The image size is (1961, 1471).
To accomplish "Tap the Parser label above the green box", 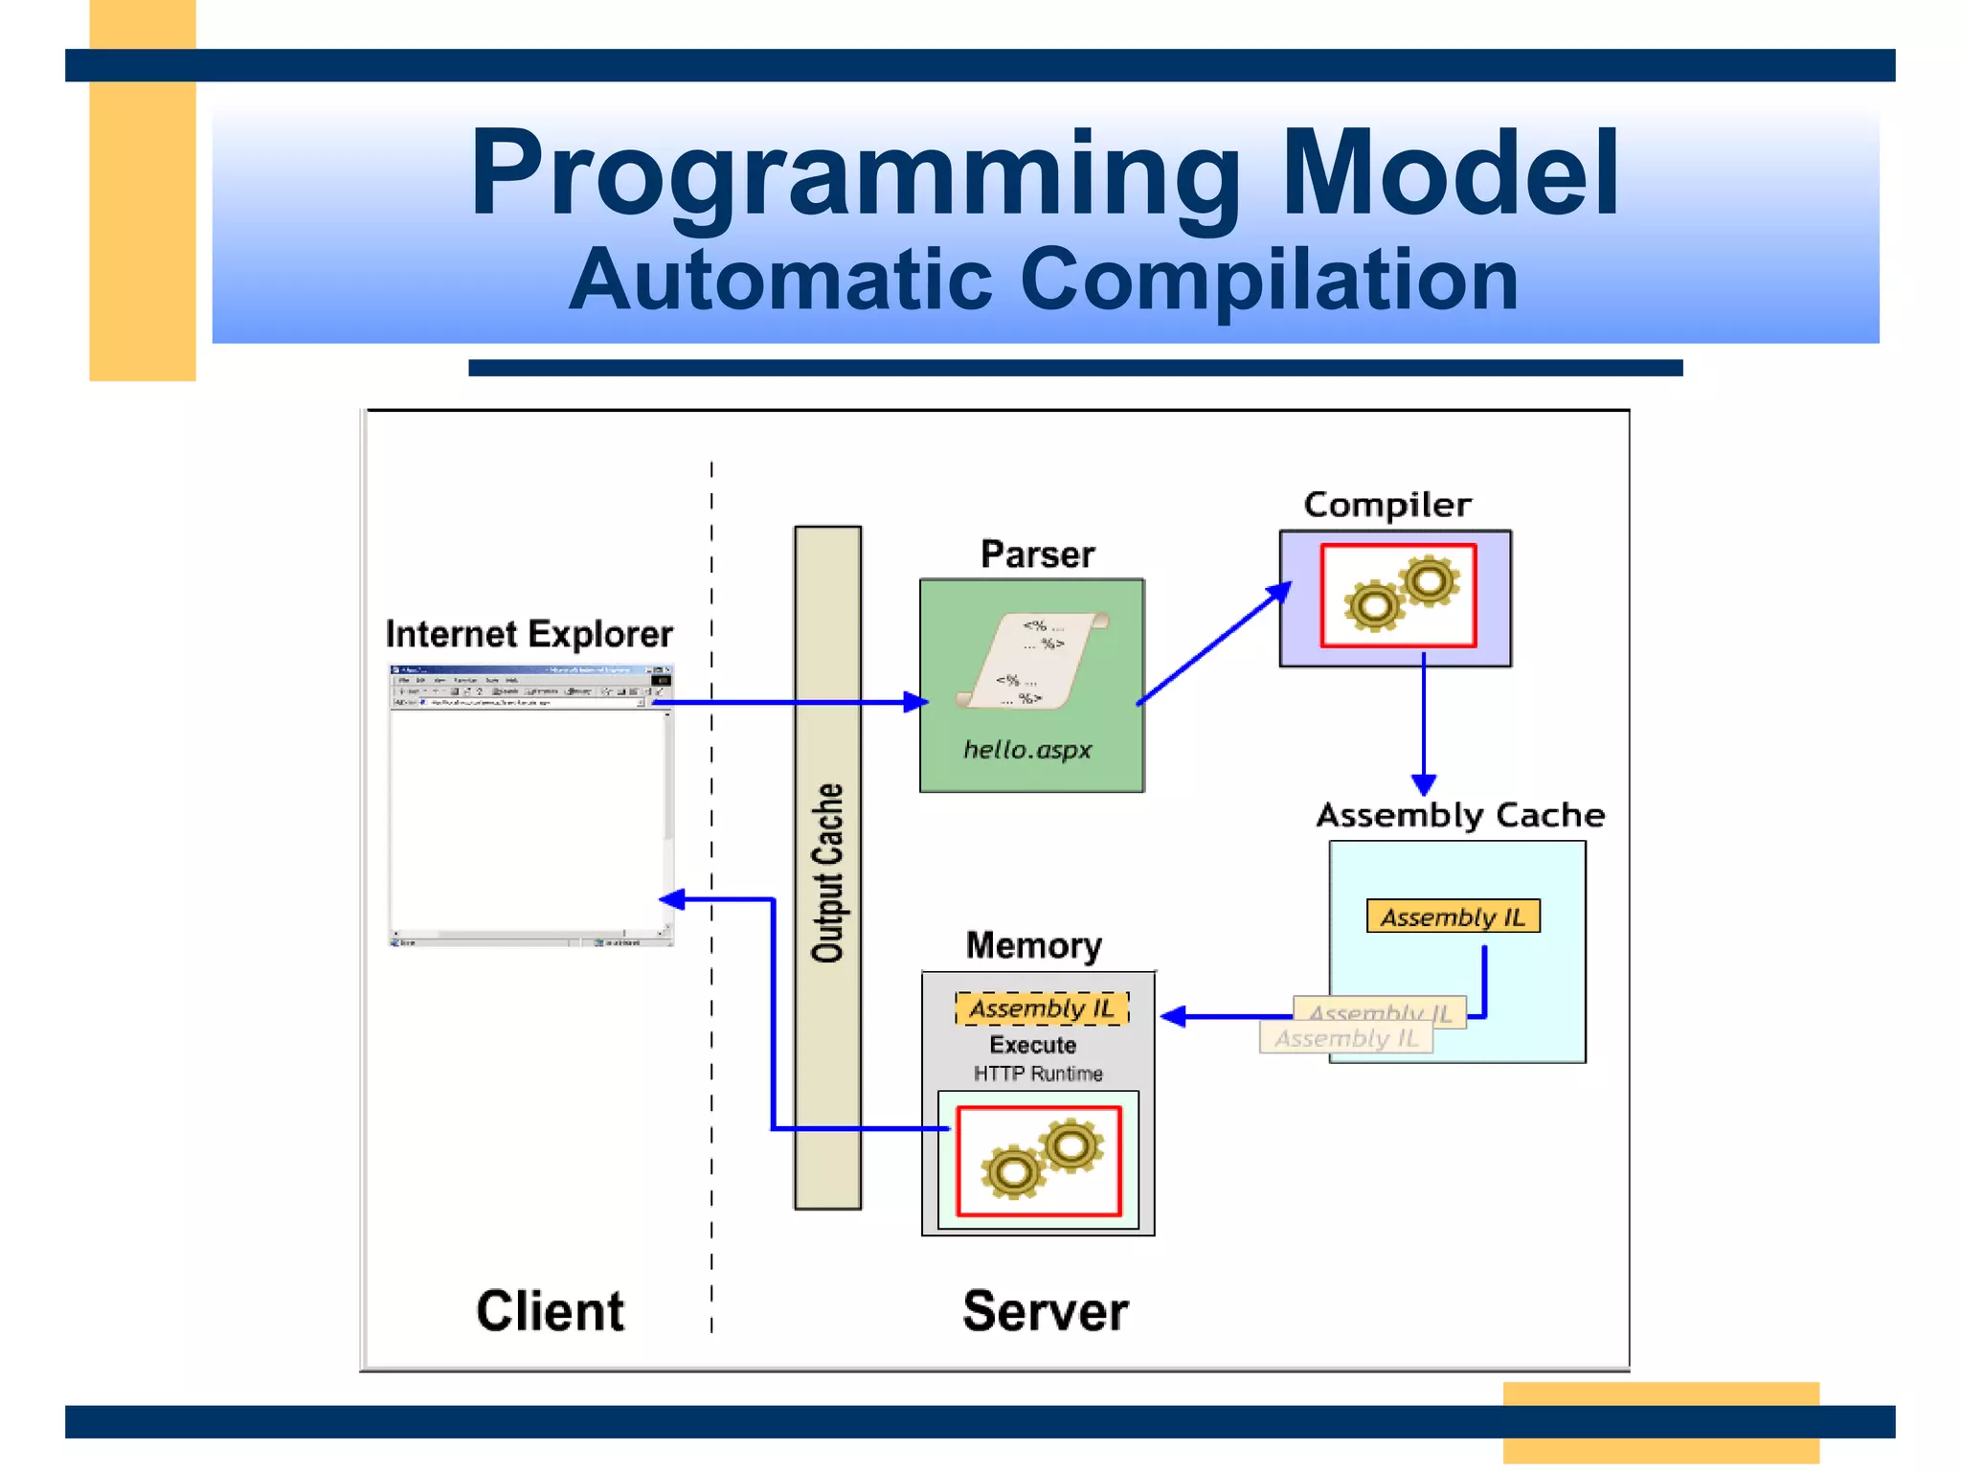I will [1037, 554].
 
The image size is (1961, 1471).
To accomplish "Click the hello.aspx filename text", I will [1027, 750].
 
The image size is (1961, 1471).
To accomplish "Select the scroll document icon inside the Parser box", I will [1032, 661].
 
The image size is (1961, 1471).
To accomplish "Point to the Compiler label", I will [1386, 505].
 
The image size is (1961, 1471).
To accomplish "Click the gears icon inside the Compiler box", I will [1401, 595].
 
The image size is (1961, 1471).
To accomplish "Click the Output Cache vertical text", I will [828, 871].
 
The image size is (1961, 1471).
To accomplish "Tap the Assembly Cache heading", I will [1459, 815].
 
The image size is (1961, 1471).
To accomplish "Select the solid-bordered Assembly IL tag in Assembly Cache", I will [1453, 917].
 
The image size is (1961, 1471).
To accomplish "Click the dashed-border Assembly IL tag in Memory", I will [1042, 1008].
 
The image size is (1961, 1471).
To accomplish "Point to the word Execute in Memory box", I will [1032, 1045].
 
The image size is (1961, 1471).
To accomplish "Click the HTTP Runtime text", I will [1038, 1074].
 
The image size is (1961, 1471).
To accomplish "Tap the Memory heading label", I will [1033, 945].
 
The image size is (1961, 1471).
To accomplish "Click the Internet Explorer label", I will [529, 634].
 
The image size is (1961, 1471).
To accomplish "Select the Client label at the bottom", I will [550, 1311].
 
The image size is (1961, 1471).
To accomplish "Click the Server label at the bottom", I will [1045, 1311].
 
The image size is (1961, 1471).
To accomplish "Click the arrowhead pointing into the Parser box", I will [916, 702].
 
